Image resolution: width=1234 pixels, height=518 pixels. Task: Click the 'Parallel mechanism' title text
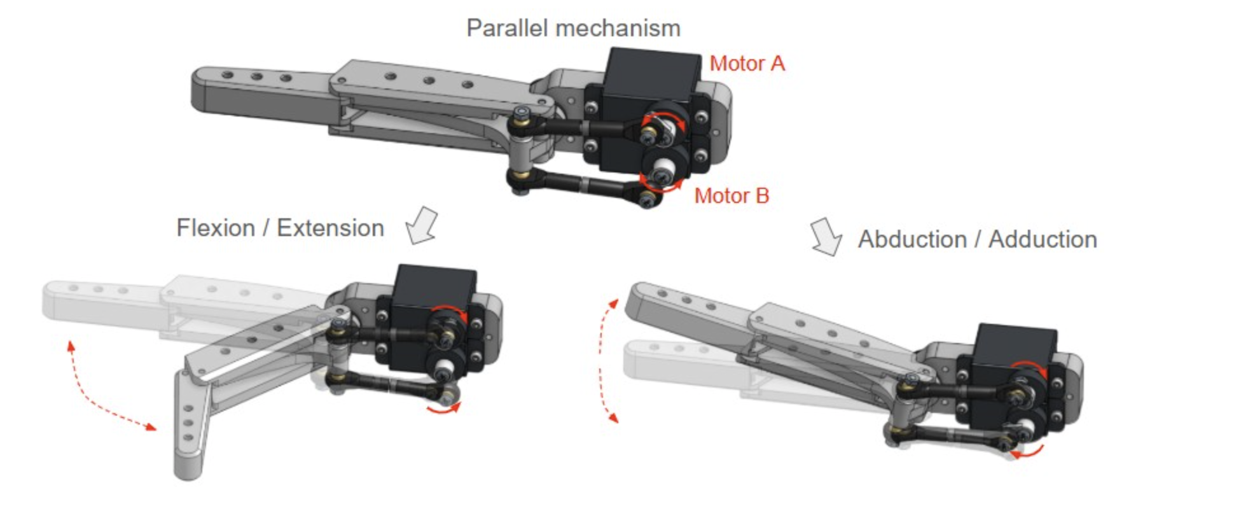tap(573, 29)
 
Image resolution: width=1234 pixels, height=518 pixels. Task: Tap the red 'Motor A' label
tap(747, 64)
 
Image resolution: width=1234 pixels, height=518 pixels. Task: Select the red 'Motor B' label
tap(731, 195)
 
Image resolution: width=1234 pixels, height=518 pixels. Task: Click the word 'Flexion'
tap(216, 228)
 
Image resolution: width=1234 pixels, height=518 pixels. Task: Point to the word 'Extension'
tap(330, 228)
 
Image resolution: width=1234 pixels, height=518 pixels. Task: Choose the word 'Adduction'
tap(1043, 239)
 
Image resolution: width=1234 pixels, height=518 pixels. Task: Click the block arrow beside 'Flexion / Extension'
tap(422, 225)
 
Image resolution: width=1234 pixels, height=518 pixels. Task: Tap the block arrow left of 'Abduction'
tap(826, 237)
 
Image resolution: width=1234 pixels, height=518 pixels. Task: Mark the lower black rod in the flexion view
tap(388, 384)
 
